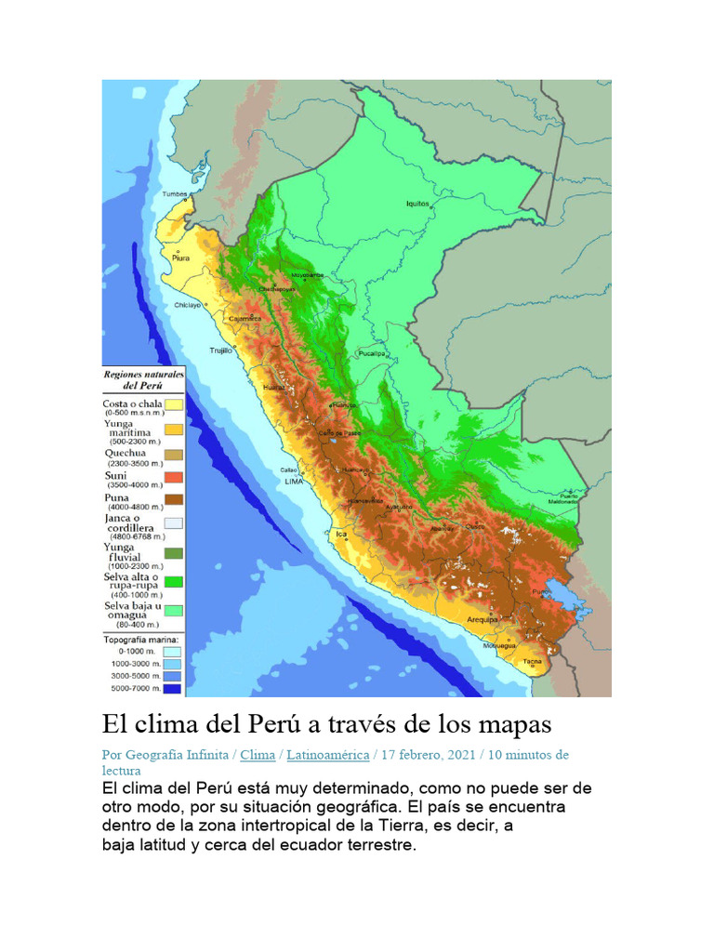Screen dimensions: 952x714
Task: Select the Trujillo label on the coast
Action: (220, 350)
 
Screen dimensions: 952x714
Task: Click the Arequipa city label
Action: (483, 618)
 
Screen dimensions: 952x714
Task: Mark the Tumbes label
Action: (175, 194)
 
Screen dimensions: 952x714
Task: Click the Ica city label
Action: (341, 534)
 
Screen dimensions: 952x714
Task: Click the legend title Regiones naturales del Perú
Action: (143, 378)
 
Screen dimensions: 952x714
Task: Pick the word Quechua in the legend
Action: (124, 454)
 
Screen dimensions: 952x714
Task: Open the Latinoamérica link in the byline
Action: (327, 755)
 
